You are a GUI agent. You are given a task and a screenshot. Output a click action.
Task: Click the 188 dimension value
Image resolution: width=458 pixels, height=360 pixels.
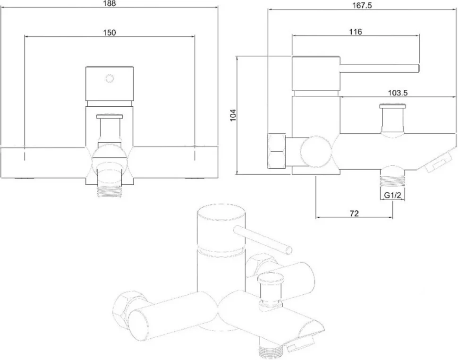(x=110, y=3)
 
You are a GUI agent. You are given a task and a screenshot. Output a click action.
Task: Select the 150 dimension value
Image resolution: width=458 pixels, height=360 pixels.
(x=110, y=33)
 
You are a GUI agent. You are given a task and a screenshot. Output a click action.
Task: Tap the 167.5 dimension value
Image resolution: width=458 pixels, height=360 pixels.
(x=362, y=6)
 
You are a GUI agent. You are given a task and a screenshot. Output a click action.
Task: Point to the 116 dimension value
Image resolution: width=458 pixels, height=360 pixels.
(x=356, y=32)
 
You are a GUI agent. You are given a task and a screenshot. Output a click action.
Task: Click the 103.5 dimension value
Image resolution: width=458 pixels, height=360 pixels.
(x=398, y=93)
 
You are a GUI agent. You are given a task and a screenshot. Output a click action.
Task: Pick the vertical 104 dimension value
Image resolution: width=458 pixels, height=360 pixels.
(x=233, y=115)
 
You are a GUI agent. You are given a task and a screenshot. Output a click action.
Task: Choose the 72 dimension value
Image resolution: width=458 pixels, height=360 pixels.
(x=354, y=214)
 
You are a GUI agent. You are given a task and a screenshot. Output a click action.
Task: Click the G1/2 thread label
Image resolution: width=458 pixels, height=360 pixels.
(x=392, y=195)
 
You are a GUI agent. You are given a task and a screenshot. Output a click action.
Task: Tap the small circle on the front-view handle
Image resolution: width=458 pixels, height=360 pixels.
(x=110, y=78)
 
